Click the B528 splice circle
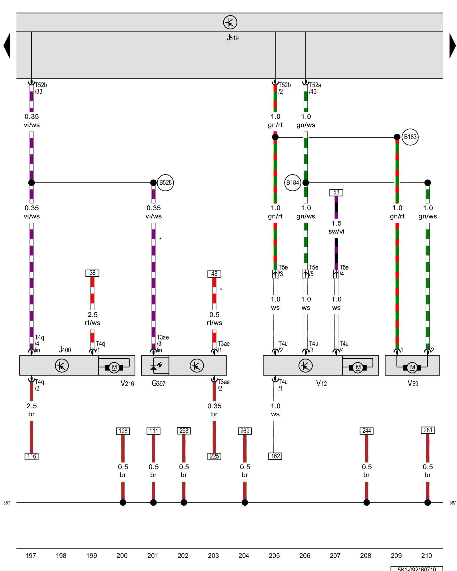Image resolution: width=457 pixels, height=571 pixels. (x=165, y=182)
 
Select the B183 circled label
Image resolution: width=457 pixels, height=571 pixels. (x=410, y=137)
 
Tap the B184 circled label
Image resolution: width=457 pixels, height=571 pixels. (x=292, y=182)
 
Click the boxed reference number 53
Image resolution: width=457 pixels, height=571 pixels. (x=336, y=192)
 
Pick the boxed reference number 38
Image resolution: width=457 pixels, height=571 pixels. (x=92, y=273)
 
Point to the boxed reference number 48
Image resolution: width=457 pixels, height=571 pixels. (x=214, y=274)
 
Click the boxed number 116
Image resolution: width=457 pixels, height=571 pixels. (x=31, y=456)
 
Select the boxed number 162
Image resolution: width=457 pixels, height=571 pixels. (x=275, y=456)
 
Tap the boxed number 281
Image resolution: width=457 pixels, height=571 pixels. (x=428, y=430)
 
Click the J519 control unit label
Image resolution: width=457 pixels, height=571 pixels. (x=232, y=38)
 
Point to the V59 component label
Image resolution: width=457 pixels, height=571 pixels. (x=413, y=383)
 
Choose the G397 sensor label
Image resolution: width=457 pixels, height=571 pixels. (x=158, y=383)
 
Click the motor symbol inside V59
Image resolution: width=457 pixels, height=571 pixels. (x=412, y=367)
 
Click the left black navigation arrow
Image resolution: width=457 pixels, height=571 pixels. (x=7, y=46)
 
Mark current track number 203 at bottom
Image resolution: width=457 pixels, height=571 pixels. (x=213, y=556)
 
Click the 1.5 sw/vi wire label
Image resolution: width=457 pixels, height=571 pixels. (x=336, y=227)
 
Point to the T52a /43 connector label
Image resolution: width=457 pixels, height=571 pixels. (x=315, y=88)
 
